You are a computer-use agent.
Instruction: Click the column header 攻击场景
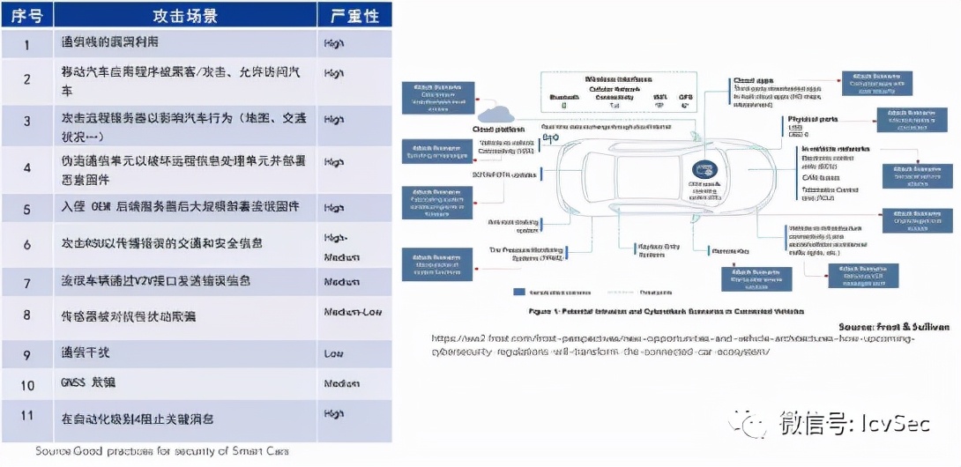click(x=185, y=17)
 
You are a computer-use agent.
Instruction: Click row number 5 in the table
click(x=26, y=208)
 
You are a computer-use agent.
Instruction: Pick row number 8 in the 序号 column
click(x=26, y=315)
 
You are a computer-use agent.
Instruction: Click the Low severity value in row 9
click(x=333, y=353)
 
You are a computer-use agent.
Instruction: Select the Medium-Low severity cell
click(x=353, y=313)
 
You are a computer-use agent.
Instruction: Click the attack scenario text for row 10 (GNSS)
click(x=88, y=383)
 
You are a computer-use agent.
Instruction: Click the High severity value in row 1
click(x=334, y=43)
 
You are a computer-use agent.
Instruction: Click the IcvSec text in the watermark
click(x=892, y=426)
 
